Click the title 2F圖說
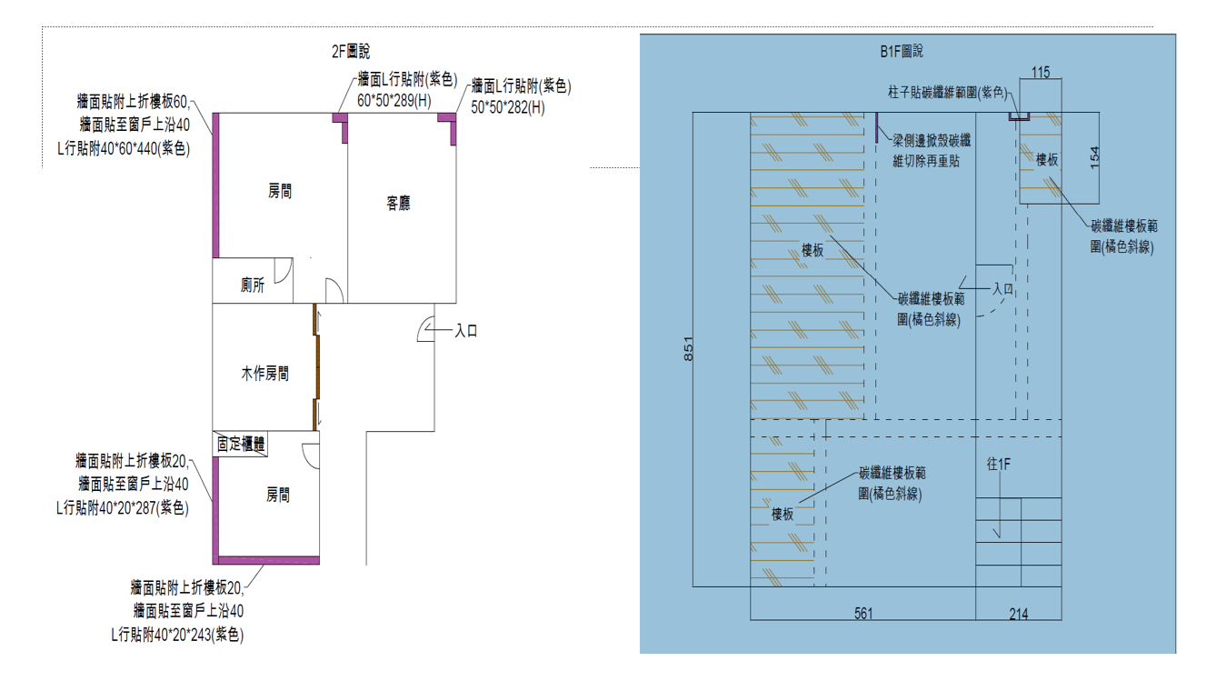point(351,53)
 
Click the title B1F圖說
point(902,53)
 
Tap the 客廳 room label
point(398,204)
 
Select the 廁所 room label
point(253,285)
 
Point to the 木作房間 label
point(264,374)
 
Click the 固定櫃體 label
point(241,444)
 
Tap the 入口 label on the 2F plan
point(466,331)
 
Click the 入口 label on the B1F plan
point(1002,288)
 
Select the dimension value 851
point(689,350)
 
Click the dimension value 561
point(863,614)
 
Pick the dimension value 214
point(1019,614)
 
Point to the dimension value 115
point(1041,72)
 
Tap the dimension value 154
point(1094,156)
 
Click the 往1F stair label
point(999,464)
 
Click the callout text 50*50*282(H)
point(507,107)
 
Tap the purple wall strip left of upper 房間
point(216,185)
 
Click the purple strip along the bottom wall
point(269,560)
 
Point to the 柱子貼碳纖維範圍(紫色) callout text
point(947,93)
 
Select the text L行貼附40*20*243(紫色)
point(177,635)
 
